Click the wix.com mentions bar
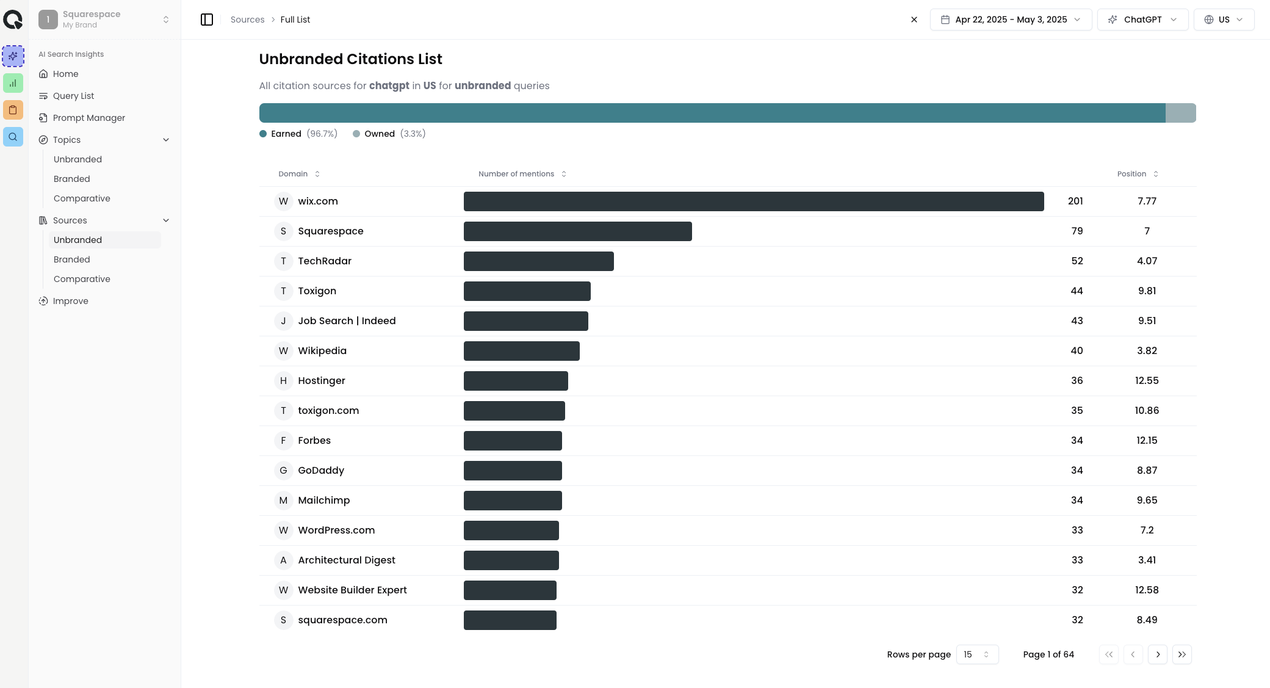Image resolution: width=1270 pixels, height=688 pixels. tap(753, 201)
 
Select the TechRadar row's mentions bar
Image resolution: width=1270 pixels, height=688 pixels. tap(538, 261)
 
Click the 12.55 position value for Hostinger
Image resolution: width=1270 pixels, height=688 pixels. tap(1146, 381)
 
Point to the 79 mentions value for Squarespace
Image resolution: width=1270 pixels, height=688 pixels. tap(1077, 231)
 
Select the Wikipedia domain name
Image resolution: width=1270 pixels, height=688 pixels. tap(322, 351)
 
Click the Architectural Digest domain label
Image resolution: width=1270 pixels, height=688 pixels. tap(346, 560)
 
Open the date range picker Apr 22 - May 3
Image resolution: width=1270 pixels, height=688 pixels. tap(1010, 20)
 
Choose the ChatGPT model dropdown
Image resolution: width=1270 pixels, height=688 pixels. tap(1142, 20)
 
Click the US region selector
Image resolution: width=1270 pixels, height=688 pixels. tap(1223, 20)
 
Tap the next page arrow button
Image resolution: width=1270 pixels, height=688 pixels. tap(1157, 654)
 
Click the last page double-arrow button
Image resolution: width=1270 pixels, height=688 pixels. tap(1182, 654)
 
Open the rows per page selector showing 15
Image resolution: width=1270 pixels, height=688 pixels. tap(976, 654)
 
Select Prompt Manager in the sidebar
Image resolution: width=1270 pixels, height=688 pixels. tap(88, 118)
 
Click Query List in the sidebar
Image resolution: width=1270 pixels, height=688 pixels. tap(73, 96)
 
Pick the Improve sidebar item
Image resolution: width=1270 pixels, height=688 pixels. tap(70, 301)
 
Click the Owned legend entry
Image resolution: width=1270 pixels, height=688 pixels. tap(379, 134)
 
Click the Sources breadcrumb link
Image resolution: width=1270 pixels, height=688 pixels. tap(247, 20)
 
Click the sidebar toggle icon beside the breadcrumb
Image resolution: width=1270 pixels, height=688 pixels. tap(207, 20)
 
